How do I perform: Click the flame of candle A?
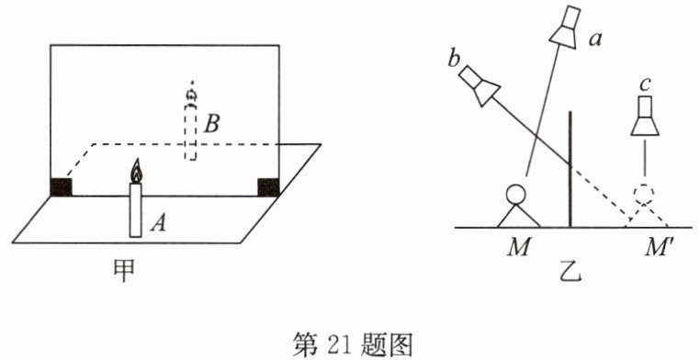[x=136, y=172]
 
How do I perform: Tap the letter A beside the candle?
[x=159, y=222]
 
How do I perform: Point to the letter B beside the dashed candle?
[x=211, y=124]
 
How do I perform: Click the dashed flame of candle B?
[x=192, y=94]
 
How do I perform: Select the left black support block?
[x=62, y=187]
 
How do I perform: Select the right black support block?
[x=269, y=187]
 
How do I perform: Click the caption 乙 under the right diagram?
[x=570, y=271]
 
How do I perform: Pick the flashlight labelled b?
[x=479, y=85]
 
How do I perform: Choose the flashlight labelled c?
[x=645, y=116]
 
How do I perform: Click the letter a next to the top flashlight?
[x=595, y=40]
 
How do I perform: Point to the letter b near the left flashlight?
[x=454, y=60]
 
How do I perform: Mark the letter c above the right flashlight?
[x=644, y=86]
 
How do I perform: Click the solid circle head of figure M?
[x=515, y=194]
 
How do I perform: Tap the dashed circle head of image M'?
[x=644, y=194]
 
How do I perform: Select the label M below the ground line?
[x=518, y=247]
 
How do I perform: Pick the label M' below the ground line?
[x=656, y=247]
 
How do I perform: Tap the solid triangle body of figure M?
[x=518, y=216]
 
